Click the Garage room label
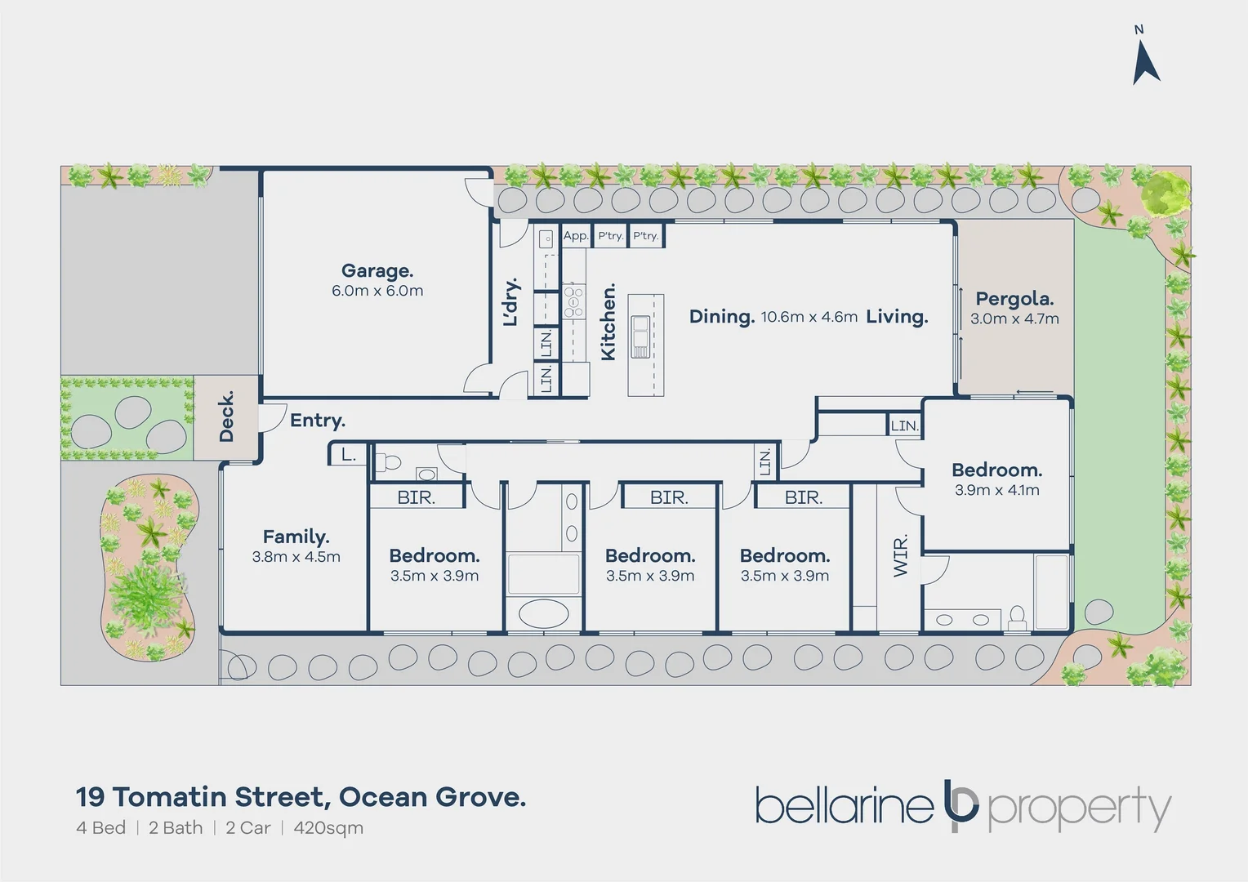[x=377, y=270]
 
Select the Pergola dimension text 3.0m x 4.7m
[x=1014, y=319]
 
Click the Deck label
[x=226, y=416]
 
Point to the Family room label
[x=296, y=537]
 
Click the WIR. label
[x=900, y=556]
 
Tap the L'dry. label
[x=510, y=302]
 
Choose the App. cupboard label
[x=575, y=236]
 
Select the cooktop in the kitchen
[x=573, y=301]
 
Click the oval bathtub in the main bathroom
[x=543, y=613]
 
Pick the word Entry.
[x=318, y=421]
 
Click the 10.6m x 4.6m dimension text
[x=809, y=317]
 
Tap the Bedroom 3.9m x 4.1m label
[x=996, y=470]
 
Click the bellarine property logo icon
[x=961, y=806]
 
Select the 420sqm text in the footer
[x=328, y=828]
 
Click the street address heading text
[x=301, y=796]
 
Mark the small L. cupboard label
[x=348, y=455]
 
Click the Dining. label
[x=721, y=317]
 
